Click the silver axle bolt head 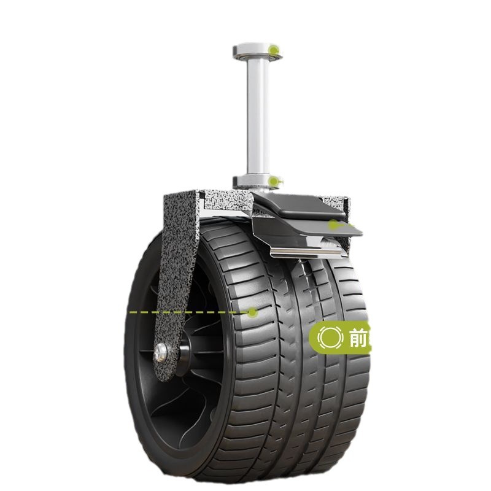[161, 352]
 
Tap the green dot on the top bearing [274, 50]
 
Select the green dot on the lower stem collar [274, 181]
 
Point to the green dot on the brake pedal [333, 224]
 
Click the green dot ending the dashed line [252, 312]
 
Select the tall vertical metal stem [258, 117]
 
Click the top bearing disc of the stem [257, 51]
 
